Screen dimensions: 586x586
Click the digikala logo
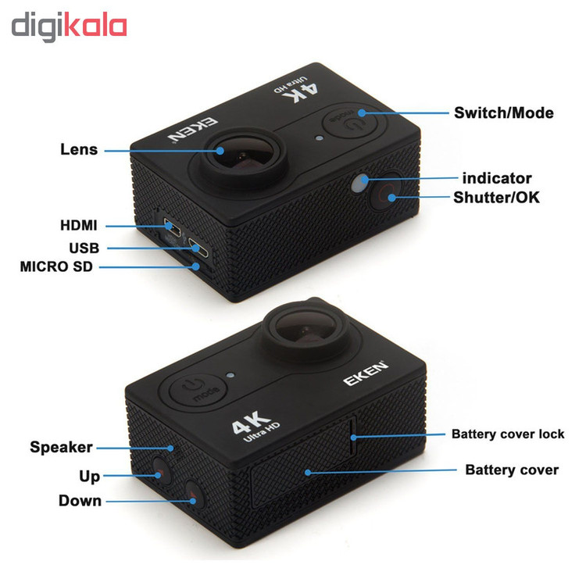pos(69,26)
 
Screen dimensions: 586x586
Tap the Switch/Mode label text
pos(503,113)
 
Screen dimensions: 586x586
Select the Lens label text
pos(79,149)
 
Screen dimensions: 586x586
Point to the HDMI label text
pos(78,225)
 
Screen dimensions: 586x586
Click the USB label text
pos(84,248)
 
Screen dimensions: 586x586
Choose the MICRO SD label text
pos(56,267)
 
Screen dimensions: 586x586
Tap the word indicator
pos(497,178)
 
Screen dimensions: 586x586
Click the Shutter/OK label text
pos(496,198)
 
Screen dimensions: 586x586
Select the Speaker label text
pos(61,448)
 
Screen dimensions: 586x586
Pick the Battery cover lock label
pos(508,434)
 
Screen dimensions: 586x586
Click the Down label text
pos(80,501)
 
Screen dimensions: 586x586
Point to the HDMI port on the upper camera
pos(173,227)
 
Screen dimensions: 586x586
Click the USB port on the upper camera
pos(198,248)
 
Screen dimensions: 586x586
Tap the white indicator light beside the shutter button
pos(359,183)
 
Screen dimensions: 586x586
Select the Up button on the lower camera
pos(162,470)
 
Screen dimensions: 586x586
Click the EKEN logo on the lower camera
pos(366,373)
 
